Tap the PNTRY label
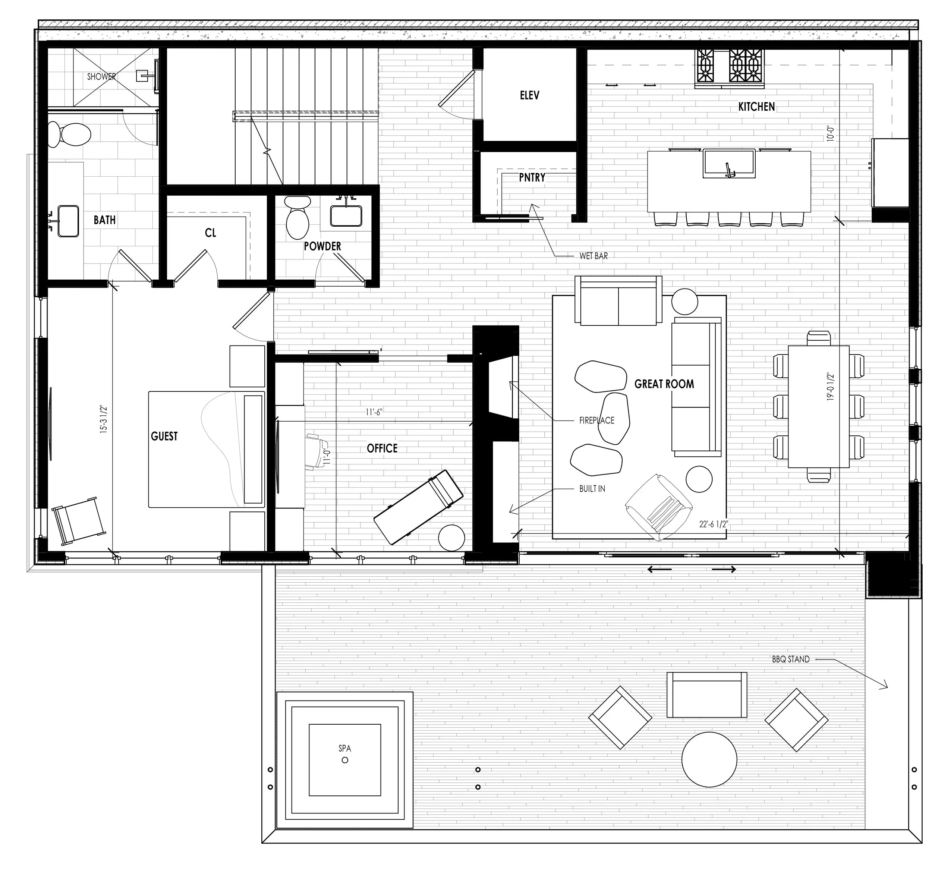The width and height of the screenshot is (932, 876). [x=532, y=178]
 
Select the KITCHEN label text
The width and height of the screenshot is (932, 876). [x=756, y=107]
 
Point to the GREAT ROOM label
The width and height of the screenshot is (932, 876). [x=664, y=384]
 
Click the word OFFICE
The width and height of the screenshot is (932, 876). [x=382, y=448]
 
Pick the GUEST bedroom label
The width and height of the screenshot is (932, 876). [x=164, y=437]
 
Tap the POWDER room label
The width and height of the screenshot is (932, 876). [x=322, y=246]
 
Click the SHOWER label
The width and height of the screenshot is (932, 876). [x=101, y=76]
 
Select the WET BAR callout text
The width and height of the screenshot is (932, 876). [x=593, y=256]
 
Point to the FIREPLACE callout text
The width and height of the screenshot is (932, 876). [x=596, y=420]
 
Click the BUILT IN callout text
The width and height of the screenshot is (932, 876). [x=592, y=489]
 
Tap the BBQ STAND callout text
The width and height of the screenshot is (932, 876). [x=790, y=659]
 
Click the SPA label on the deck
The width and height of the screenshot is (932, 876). [x=344, y=749]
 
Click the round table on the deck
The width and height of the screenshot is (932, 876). [x=709, y=759]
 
